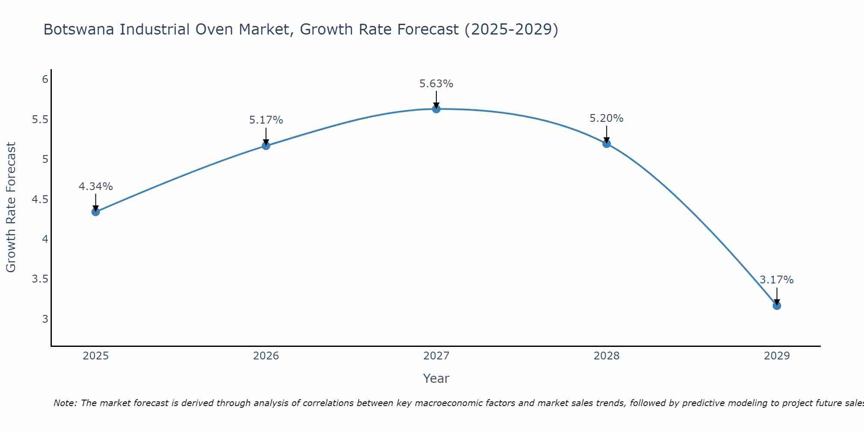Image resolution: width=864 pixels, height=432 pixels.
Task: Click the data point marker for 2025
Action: coord(96,212)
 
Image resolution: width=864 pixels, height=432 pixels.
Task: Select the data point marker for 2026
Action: coord(266,146)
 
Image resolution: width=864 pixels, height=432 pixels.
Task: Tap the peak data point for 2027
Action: coord(436,109)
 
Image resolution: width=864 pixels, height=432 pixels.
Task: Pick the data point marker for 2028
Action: coord(607,143)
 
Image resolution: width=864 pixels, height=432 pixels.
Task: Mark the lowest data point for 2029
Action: coord(777,305)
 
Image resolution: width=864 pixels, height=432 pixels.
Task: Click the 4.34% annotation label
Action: coord(96,187)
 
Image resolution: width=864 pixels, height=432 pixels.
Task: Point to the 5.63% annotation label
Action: coord(436,84)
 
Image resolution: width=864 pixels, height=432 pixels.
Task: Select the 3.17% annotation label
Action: coord(777,280)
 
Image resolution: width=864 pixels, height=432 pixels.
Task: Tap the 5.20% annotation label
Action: coord(607,118)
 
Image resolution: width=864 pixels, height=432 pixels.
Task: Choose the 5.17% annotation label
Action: coord(266,120)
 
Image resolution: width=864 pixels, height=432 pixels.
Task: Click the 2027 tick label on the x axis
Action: coord(436,356)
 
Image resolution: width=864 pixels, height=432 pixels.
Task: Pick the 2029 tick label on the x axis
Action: coord(777,356)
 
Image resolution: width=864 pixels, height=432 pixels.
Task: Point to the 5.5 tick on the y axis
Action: coord(40,120)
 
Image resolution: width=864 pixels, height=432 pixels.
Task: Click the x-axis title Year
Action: coord(436,378)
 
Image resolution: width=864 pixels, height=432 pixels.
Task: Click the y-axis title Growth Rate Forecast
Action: coord(11,207)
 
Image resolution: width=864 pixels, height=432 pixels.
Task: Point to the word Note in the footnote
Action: coord(65,403)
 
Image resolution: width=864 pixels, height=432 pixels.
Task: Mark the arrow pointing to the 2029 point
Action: coord(777,296)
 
